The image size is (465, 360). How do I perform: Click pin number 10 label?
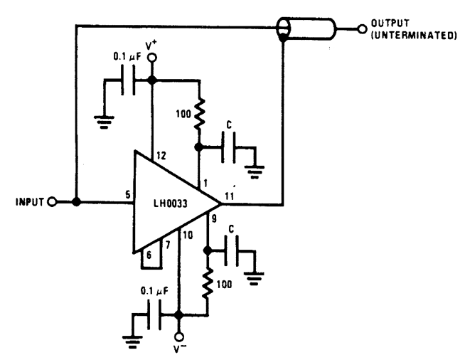pyautogui.click(x=188, y=235)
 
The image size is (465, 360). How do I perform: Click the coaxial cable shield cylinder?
pyautogui.click(x=310, y=29)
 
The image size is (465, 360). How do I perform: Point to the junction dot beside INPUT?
pyautogui.click(x=76, y=203)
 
